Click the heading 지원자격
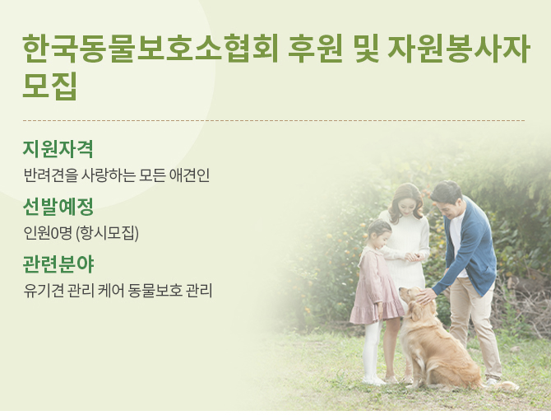[58, 149]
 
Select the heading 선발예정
[58, 207]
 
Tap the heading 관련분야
[58, 264]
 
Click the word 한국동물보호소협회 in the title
[150, 49]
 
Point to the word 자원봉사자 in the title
[458, 49]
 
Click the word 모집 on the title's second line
[50, 86]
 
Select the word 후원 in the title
[315, 49]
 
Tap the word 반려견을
[50, 175]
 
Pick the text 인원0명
[48, 233]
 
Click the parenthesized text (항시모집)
[107, 233]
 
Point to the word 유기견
[39, 291]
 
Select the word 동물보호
[155, 291]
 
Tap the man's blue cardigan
[467, 246]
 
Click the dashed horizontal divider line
[274, 120]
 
